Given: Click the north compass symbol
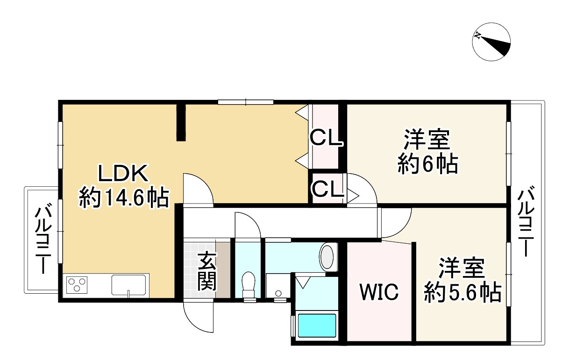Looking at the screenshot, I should tap(491, 41).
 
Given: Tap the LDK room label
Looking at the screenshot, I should tap(123, 174).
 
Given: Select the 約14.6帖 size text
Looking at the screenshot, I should tap(123, 198).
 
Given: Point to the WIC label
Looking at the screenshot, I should tap(379, 292).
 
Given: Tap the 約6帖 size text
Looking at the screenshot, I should tap(427, 164).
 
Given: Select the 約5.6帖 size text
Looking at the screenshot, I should tap(462, 293).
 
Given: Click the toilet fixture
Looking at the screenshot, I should tap(249, 284).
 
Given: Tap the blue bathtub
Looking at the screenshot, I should tap(317, 325).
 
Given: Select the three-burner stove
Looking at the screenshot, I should tap(78, 284).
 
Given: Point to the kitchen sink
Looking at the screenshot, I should tap(129, 284).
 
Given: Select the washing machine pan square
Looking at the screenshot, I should tap(278, 286).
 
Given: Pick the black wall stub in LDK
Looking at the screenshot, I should tap(181, 122).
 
